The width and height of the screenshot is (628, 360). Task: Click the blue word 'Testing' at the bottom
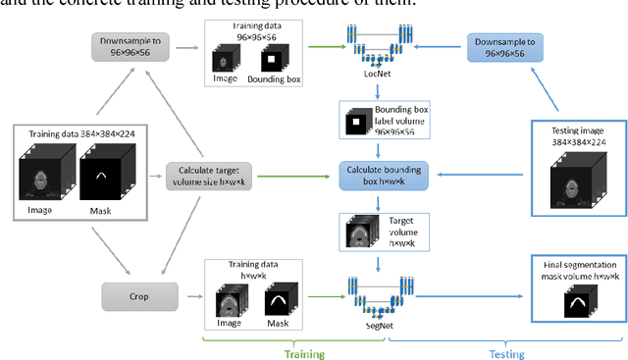pyautogui.click(x=506, y=353)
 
